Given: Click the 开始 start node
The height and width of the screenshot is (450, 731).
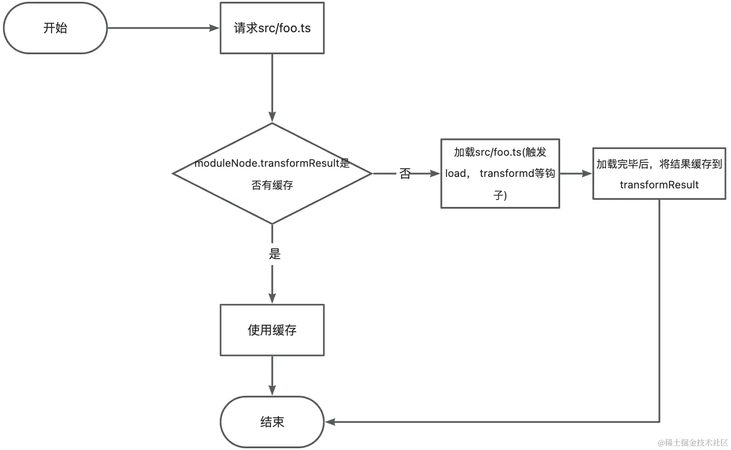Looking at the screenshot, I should click(55, 28).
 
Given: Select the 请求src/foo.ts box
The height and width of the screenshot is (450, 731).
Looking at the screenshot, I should click(272, 28).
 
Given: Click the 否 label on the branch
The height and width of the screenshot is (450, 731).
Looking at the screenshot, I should click(405, 174).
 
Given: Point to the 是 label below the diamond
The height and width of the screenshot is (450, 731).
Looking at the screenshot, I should click(275, 254).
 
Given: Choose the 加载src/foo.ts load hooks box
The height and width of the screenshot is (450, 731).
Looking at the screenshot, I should click(500, 174).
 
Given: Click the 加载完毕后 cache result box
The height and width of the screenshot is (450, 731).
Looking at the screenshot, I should click(659, 174).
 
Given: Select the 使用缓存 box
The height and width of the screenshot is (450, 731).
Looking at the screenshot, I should click(272, 330).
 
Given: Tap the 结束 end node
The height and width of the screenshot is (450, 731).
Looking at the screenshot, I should click(272, 422).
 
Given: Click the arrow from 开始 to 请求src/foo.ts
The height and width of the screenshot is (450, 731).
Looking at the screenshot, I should click(163, 28).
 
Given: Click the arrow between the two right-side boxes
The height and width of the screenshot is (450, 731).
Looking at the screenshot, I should click(575, 174).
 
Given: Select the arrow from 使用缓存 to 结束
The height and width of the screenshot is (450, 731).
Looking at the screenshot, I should click(272, 375).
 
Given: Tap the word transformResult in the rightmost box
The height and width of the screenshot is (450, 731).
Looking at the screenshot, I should click(659, 185).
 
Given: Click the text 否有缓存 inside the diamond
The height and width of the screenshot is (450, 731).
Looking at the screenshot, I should click(272, 185).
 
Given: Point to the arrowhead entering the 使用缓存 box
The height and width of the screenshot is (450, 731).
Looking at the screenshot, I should click(272, 298).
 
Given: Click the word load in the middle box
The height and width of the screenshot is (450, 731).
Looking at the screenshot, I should click(455, 174).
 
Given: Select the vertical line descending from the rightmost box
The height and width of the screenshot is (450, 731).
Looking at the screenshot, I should click(659, 309).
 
